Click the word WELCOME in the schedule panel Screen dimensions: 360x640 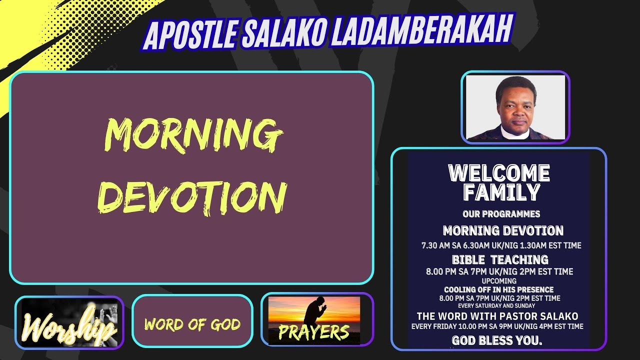(x=499, y=173)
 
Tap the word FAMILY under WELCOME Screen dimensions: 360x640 (x=501, y=192)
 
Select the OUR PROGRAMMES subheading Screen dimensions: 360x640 (x=501, y=214)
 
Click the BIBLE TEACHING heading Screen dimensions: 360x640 (x=500, y=260)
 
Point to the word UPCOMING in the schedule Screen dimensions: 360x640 (x=499, y=281)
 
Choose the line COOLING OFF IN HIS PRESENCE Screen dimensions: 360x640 (x=498, y=289)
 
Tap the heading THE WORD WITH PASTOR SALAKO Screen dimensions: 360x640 (x=497, y=316)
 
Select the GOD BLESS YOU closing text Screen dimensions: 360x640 (x=497, y=340)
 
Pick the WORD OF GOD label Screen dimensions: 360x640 (x=192, y=325)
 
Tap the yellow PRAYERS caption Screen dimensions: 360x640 (x=313, y=332)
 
